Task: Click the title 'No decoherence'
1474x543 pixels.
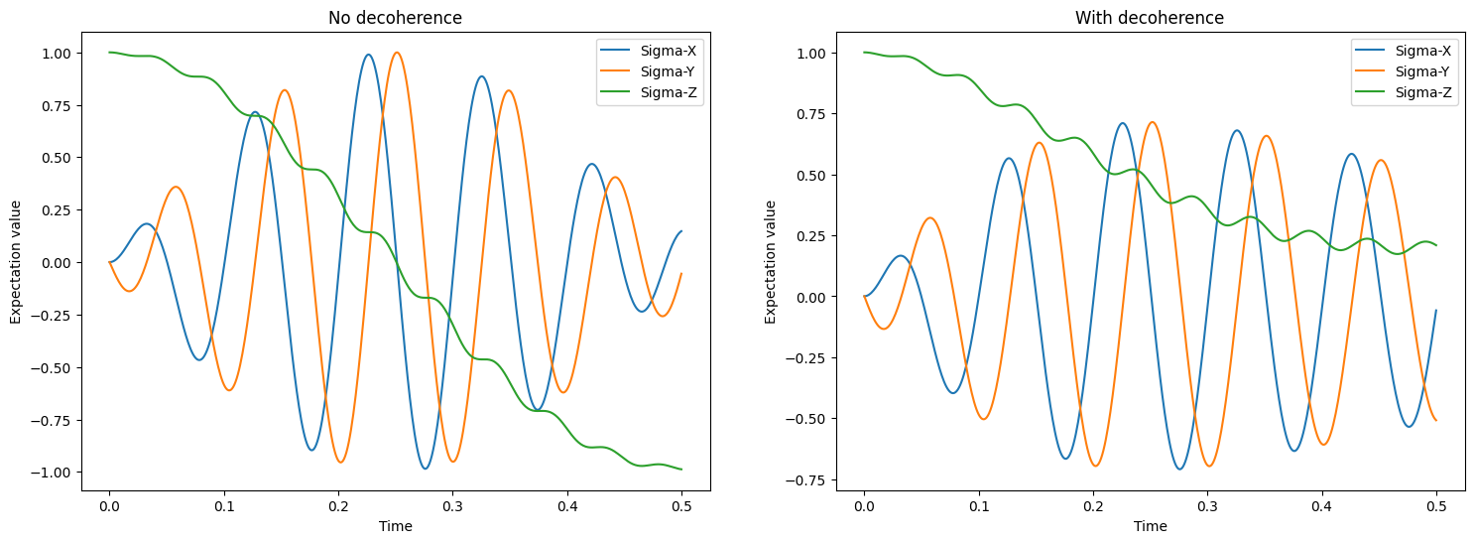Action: point(395,18)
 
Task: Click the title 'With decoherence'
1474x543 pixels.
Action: point(1150,18)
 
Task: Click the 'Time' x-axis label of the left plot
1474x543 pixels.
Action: point(395,526)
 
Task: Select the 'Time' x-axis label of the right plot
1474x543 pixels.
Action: point(1150,526)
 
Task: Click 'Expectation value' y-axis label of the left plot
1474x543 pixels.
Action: point(16,262)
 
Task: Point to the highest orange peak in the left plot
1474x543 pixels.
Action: point(397,53)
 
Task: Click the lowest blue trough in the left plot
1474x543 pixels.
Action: point(426,469)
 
